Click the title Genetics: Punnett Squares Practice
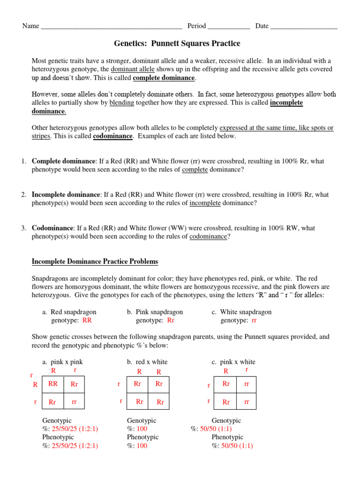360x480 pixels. pos(177,44)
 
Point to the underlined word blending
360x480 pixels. pos(122,103)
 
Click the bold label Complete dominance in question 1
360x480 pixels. pos(63,161)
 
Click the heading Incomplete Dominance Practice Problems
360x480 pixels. pos(95,262)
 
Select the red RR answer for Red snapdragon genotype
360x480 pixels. pos(87,321)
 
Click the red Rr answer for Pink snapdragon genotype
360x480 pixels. pos(171,321)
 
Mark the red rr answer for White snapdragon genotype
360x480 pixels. pos(255,321)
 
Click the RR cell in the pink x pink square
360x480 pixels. pos(53,383)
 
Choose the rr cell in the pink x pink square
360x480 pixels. pos(74,402)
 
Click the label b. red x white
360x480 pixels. pos(147,362)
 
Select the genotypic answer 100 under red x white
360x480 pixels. pos(141,429)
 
